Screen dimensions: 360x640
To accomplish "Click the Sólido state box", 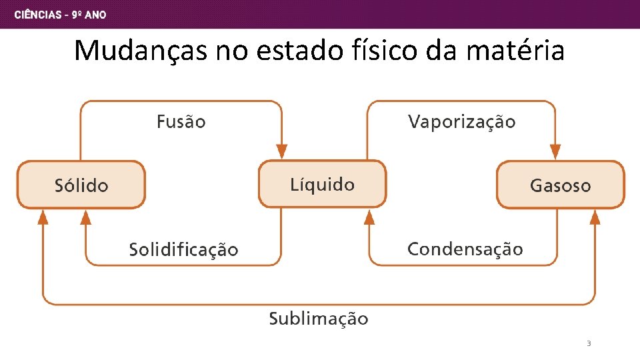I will [x=81, y=185].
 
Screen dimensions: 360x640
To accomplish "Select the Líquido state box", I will [x=322, y=184].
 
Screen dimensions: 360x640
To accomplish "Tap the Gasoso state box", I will [x=560, y=185].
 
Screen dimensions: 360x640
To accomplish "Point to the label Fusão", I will [x=181, y=122].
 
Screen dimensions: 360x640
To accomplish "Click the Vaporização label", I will [x=461, y=122].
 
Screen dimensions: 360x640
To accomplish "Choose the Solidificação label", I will [x=183, y=250].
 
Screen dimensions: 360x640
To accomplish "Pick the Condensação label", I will [x=465, y=249].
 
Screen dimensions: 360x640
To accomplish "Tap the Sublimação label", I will [x=318, y=319].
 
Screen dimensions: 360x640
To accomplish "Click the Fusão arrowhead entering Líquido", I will [x=281, y=151].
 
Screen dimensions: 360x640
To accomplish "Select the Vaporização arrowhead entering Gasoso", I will [x=555, y=151].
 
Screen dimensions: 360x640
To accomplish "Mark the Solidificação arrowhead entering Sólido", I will [x=85, y=216].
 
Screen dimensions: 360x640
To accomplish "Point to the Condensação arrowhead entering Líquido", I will [x=369, y=217].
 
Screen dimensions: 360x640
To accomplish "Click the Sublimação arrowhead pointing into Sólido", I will [x=43, y=216].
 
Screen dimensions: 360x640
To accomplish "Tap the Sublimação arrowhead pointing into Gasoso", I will [x=595, y=217].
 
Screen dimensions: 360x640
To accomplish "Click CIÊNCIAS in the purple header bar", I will [x=37, y=15].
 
